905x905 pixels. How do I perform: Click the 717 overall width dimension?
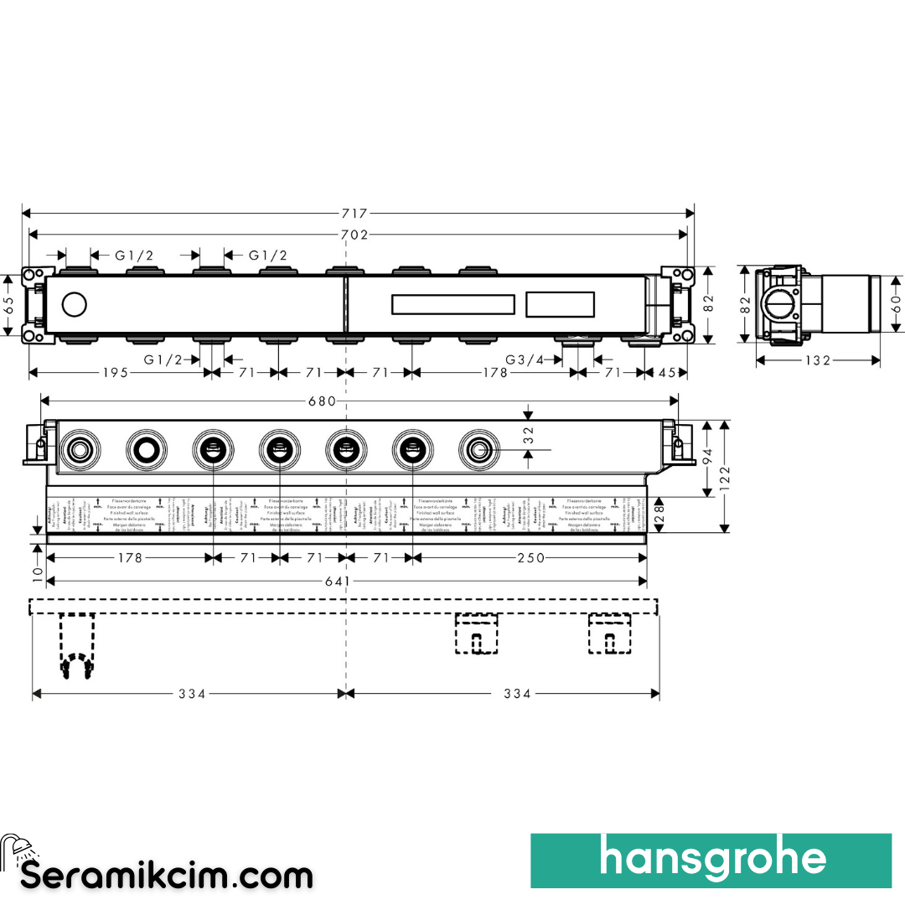pos(355,214)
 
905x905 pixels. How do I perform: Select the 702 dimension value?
pos(355,235)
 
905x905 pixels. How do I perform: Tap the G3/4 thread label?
pos(524,359)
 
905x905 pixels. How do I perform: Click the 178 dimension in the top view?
pos(494,373)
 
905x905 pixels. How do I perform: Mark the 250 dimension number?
pos(530,558)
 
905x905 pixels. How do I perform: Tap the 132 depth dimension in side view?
pos(817,360)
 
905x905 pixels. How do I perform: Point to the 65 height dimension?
pos(8,303)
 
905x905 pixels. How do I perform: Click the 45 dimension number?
pos(667,373)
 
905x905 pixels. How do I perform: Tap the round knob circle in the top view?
pos(75,303)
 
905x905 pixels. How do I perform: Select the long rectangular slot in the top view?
pos(452,303)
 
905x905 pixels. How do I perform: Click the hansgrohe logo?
pos(711,860)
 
